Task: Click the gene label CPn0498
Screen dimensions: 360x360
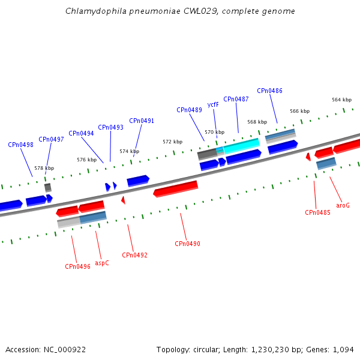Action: click(20, 145)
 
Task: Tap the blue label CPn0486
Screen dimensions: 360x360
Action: click(269, 91)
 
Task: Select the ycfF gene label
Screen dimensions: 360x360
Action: click(213, 104)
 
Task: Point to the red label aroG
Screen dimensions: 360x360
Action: click(343, 205)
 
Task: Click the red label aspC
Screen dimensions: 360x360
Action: click(102, 263)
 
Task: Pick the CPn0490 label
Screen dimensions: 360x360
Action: click(187, 244)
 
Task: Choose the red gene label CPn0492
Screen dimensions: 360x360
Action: click(134, 255)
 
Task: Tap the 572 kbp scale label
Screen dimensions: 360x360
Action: click(173, 142)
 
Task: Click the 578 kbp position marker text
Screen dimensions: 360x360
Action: click(44, 168)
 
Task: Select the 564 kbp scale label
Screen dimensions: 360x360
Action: click(341, 100)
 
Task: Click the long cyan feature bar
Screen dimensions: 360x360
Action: click(242, 146)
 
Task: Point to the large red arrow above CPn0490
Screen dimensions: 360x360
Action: click(176, 189)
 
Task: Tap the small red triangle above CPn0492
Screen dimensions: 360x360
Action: click(123, 200)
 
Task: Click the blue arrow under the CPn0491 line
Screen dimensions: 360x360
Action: click(138, 181)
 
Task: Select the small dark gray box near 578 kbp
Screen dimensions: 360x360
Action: click(48, 188)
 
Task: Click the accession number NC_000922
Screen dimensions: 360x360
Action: click(65, 350)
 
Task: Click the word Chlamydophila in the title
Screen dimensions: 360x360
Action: click(96, 11)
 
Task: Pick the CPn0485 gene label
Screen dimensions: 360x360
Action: click(317, 212)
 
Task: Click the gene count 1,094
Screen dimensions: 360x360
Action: click(343, 350)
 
